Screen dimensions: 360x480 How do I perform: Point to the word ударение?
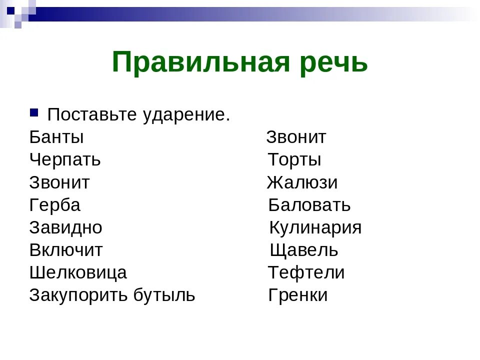186,115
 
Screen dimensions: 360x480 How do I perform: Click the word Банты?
56,137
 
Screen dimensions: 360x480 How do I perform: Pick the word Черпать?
65,160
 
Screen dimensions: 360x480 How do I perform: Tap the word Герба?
55,205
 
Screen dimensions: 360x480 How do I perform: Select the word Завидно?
66,227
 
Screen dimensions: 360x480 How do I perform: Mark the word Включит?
66,250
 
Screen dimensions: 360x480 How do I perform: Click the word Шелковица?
78,272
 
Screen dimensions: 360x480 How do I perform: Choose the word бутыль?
164,295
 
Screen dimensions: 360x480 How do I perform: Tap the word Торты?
294,160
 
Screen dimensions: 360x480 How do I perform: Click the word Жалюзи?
302,182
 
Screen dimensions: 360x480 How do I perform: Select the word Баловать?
309,205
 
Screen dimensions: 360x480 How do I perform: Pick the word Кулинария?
315,227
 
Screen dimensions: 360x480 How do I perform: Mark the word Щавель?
304,250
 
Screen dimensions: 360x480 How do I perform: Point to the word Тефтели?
306,272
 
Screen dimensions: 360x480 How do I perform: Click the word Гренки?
298,295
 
